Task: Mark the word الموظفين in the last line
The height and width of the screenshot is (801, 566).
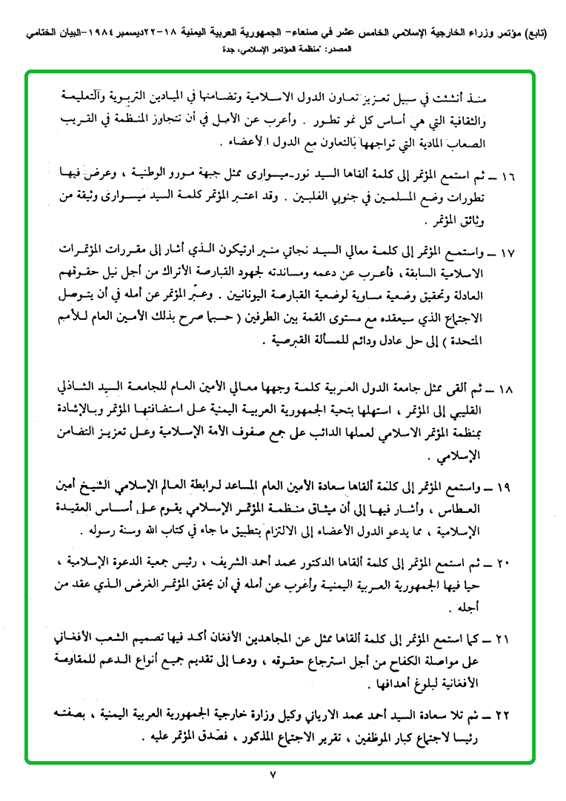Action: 369,739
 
